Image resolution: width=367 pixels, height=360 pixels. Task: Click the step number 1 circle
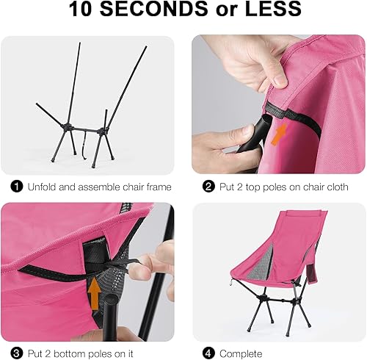pos(16,187)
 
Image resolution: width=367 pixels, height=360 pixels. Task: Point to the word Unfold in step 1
pos(43,187)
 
